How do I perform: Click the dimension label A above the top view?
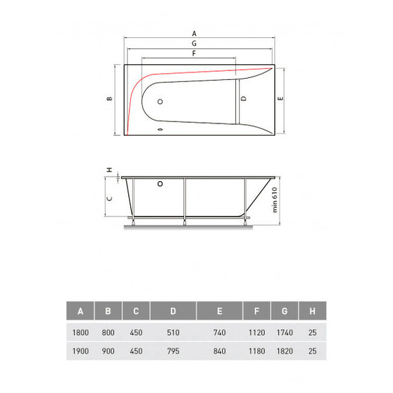click(194, 33)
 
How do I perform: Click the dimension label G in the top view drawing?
click(194, 43)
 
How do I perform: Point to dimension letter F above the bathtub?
click(194, 53)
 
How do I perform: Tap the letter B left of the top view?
click(109, 99)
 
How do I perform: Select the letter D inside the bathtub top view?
click(243, 99)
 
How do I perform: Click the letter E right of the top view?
click(280, 99)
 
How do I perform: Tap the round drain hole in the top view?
click(161, 101)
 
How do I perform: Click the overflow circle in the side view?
click(160, 184)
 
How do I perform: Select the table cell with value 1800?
click(81, 332)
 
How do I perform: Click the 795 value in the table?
click(173, 351)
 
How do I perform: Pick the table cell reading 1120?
click(256, 332)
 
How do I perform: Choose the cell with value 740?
click(219, 332)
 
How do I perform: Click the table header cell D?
click(173, 312)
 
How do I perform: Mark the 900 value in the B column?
click(108, 351)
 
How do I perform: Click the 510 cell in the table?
click(173, 332)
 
